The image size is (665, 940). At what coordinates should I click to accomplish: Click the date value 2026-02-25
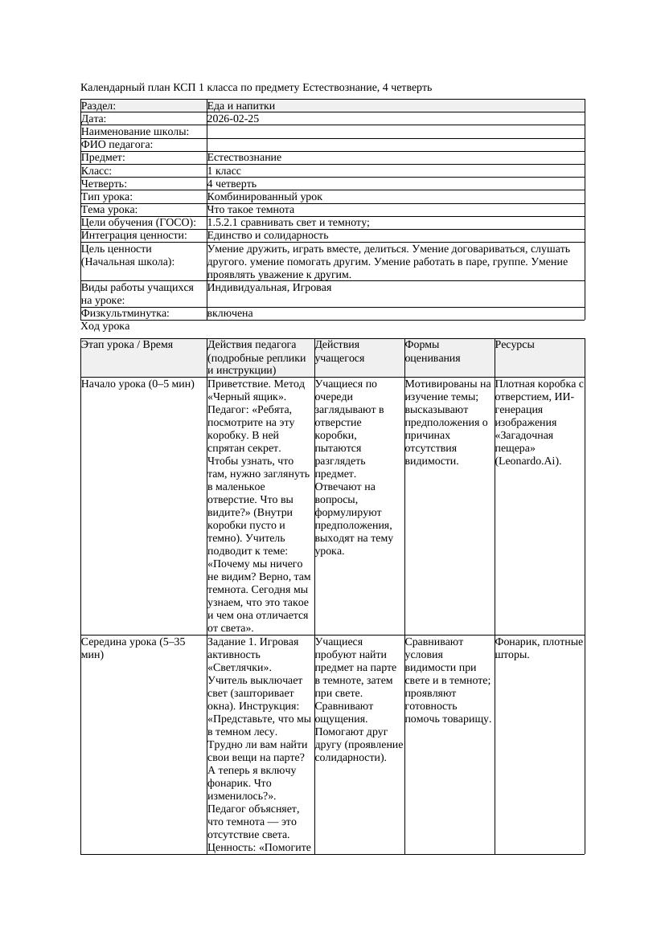coord(233,119)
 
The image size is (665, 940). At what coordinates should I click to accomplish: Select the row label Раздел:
coord(99,106)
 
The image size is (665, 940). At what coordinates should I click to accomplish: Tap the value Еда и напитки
coord(240,106)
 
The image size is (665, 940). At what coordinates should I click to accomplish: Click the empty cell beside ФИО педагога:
coord(395,145)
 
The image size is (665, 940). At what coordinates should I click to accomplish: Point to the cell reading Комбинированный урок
coord(265,197)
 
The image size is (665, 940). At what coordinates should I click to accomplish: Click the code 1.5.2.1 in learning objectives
coord(225,223)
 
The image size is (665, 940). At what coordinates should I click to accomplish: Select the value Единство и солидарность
coord(268,235)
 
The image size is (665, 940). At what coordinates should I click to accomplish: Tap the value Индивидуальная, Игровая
coord(269,288)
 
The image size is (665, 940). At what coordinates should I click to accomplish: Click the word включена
coord(230,313)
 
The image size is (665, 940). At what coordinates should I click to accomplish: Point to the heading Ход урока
coord(105,327)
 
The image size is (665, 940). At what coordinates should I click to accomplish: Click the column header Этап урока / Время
coord(127,345)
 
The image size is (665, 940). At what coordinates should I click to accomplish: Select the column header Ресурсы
coord(515,345)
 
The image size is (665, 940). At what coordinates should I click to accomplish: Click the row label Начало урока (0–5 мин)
coord(138,384)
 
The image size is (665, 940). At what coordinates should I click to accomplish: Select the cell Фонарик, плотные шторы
coord(539,648)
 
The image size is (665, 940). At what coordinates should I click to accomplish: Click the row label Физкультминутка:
coord(125,313)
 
